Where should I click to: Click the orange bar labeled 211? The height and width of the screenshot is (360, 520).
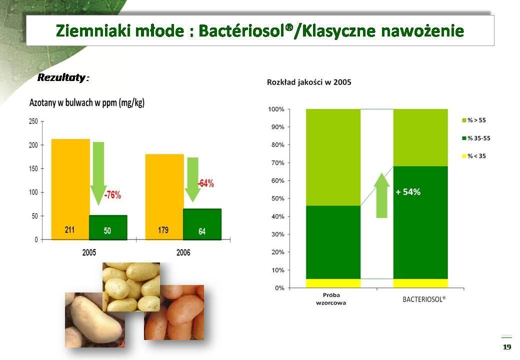click(70, 189)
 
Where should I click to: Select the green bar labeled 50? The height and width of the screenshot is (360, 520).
click(108, 227)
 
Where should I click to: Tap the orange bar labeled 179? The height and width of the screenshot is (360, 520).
click(164, 197)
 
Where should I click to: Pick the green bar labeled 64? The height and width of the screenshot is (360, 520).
click(202, 224)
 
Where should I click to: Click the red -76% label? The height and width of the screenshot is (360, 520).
click(113, 195)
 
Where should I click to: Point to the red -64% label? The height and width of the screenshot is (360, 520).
click(206, 183)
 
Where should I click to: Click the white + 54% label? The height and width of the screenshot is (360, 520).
click(408, 192)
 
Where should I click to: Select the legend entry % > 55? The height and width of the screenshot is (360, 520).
click(474, 120)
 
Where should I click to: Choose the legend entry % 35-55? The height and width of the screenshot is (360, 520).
click(476, 138)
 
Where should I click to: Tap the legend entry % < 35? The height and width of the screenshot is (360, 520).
click(474, 156)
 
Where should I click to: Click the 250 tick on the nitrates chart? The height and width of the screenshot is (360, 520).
click(33, 121)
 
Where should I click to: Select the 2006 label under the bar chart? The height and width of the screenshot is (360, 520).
click(183, 252)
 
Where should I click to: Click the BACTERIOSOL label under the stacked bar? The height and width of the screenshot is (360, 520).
click(424, 299)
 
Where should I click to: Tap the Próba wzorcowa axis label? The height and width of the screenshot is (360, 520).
click(331, 298)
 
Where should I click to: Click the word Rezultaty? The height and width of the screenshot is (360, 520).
click(61, 77)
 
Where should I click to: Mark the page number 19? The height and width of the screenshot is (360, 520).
click(507, 347)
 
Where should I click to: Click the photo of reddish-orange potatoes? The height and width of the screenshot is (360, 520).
click(174, 312)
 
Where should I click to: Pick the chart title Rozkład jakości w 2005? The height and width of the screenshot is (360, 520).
click(309, 82)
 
